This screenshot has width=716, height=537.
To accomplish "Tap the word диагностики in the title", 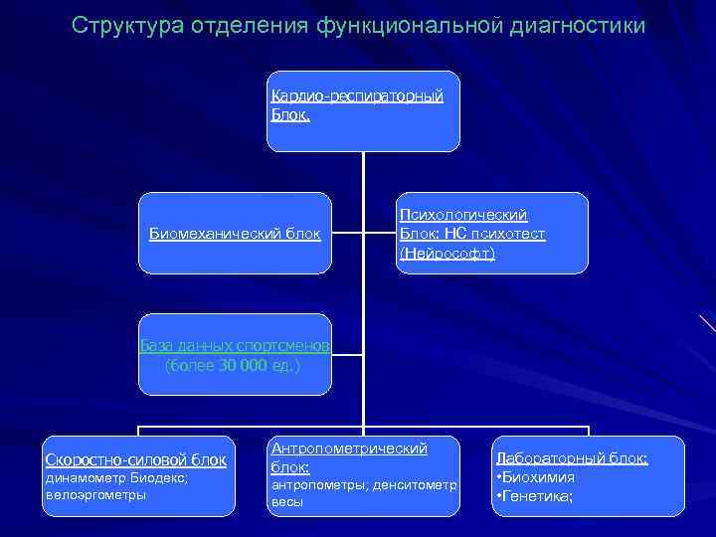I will [x=575, y=24].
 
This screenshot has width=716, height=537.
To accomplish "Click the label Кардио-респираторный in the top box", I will [x=356, y=95].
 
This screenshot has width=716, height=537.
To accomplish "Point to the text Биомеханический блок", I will [x=235, y=234].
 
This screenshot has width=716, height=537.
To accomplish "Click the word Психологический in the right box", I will [x=462, y=214].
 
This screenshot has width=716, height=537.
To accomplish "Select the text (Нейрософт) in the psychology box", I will [x=447, y=254].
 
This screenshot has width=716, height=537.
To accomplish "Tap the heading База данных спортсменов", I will [x=235, y=345].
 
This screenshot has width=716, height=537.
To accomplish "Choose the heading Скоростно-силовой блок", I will [x=136, y=459].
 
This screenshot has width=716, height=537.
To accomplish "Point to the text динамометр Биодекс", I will [x=116, y=477].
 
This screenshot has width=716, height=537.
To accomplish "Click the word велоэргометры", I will [x=95, y=494].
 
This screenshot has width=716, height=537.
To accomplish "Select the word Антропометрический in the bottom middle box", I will [x=348, y=448].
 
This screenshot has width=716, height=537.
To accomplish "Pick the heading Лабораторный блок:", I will [x=571, y=458].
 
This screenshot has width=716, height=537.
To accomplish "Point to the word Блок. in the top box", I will [x=290, y=114].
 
